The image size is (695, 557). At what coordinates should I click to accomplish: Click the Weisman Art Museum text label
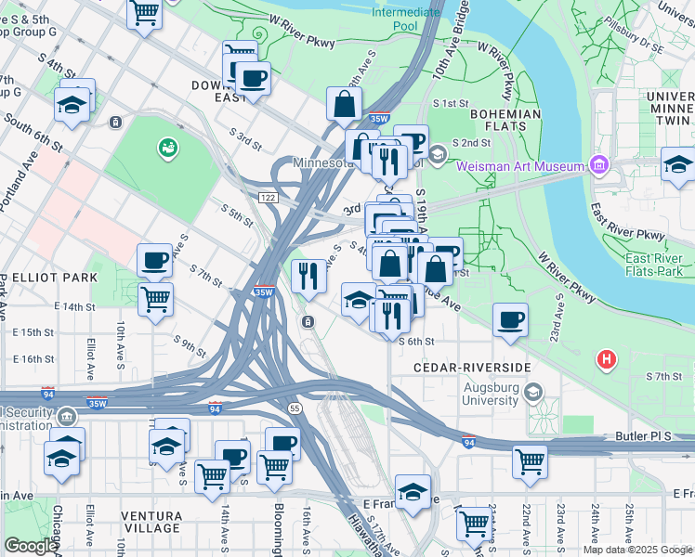click(x=520, y=166)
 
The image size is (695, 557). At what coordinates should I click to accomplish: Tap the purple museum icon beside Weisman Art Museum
click(x=598, y=167)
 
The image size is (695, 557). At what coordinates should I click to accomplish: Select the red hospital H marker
click(x=607, y=358)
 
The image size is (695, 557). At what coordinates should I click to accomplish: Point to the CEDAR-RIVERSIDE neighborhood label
click(x=473, y=368)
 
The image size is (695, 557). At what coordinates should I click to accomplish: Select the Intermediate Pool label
click(x=405, y=19)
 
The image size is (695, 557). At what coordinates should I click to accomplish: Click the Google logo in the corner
click(x=30, y=546)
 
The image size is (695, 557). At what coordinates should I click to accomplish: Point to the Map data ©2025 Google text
click(x=637, y=550)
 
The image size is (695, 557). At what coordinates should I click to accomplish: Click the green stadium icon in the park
click(x=167, y=146)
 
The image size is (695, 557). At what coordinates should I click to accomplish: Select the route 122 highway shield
click(x=268, y=198)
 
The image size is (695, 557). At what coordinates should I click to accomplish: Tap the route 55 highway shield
click(x=295, y=408)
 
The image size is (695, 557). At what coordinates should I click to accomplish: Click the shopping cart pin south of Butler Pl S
click(x=530, y=460)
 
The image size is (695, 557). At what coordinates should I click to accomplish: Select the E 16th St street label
click(x=35, y=358)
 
